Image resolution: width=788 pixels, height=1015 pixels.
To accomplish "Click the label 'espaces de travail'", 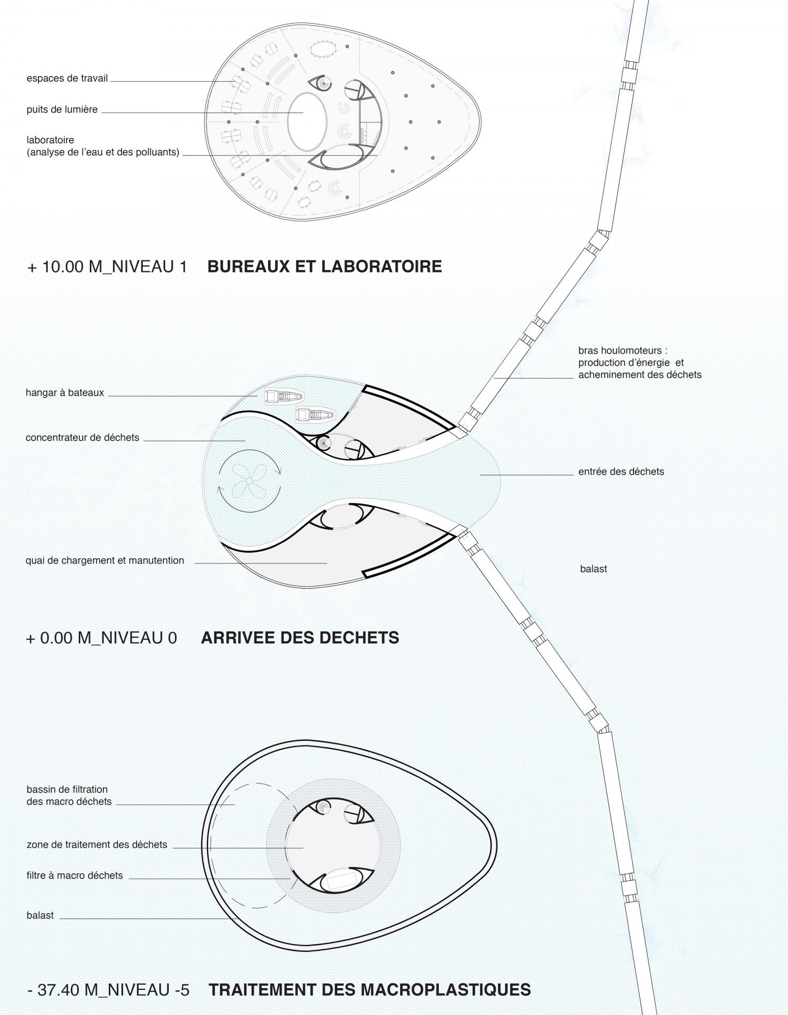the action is [67, 78].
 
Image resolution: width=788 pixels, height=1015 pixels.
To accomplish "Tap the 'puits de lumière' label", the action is [62, 110].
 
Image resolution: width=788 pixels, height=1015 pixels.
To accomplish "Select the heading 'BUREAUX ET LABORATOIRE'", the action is [325, 266].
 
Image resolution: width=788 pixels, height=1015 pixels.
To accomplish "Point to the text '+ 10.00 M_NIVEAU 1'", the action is [107, 267].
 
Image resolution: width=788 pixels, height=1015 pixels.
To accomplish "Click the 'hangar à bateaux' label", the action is [65, 393].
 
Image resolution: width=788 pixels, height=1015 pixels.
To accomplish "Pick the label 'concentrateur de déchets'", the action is [82, 437].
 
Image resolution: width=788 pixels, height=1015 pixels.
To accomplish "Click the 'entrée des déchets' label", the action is [621, 472].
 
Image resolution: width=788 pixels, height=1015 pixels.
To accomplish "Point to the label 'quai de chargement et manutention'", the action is [105, 560].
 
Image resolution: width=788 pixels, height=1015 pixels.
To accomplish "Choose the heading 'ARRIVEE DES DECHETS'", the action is [300, 637].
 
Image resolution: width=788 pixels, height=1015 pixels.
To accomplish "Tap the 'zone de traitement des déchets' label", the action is [97, 845].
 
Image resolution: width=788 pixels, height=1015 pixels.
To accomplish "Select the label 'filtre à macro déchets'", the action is [75, 875].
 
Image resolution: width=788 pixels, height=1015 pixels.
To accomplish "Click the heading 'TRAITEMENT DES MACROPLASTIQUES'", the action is [370, 990].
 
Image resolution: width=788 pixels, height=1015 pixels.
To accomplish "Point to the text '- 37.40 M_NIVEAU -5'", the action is [108, 990].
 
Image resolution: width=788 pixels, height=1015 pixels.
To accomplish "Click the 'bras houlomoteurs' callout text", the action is [640, 362].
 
